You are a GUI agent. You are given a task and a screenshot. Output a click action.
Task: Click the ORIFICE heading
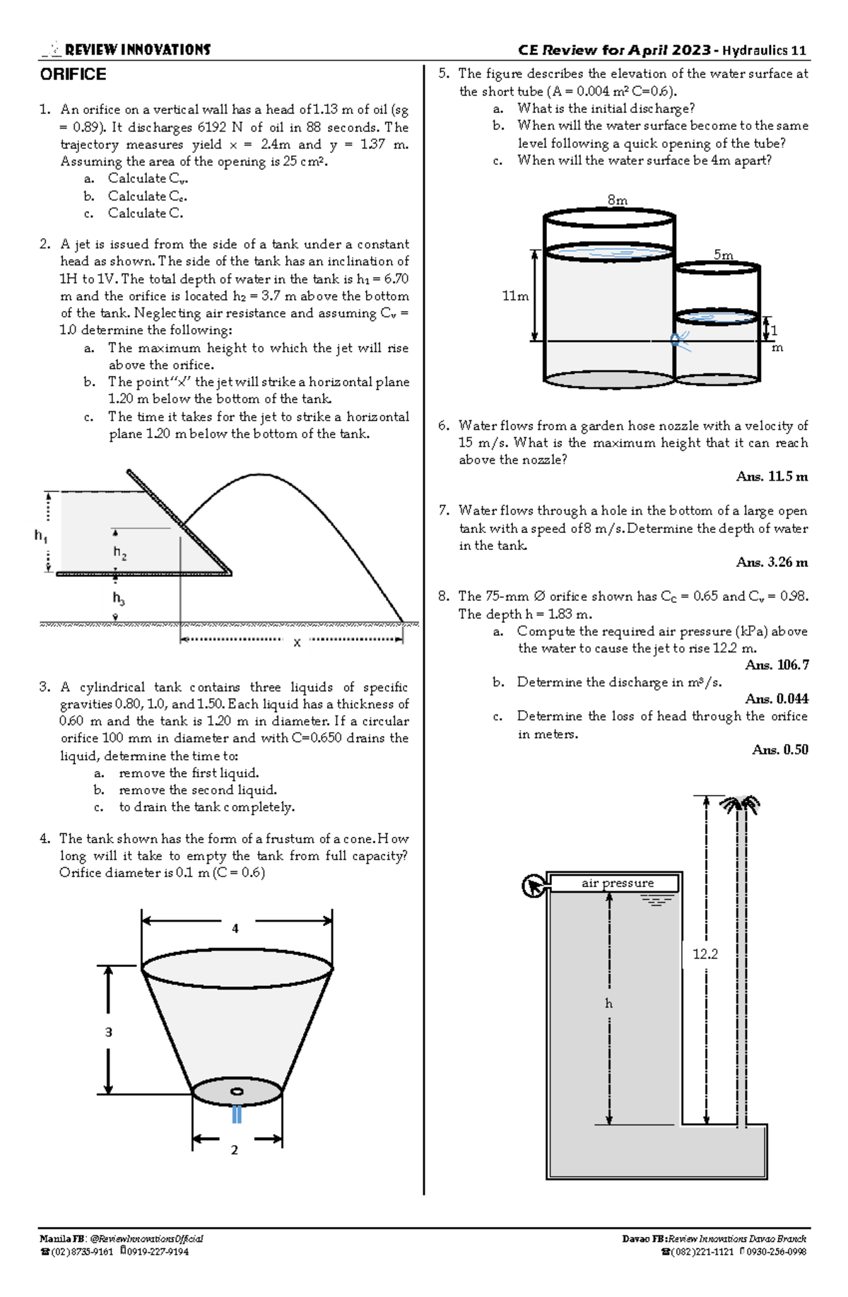pyautogui.click(x=73, y=75)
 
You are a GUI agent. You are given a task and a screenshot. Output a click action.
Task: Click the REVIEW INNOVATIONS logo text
pyautogui.click(x=137, y=49)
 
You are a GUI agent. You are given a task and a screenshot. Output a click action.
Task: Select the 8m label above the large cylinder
pyautogui.click(x=617, y=200)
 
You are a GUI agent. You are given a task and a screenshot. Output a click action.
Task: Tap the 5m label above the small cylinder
pyautogui.click(x=723, y=254)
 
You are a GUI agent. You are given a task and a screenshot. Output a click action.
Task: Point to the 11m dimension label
pyautogui.click(x=515, y=296)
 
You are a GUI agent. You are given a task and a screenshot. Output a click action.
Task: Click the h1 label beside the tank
pyautogui.click(x=41, y=536)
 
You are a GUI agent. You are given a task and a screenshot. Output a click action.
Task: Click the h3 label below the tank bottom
pyautogui.click(x=119, y=598)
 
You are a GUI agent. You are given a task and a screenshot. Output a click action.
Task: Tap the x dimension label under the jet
pyautogui.click(x=297, y=642)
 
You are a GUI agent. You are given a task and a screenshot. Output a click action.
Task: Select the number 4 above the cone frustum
pyautogui.click(x=235, y=928)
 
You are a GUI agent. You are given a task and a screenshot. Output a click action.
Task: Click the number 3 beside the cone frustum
pyautogui.click(x=109, y=1032)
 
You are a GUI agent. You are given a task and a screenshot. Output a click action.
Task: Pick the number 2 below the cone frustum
pyautogui.click(x=235, y=1150)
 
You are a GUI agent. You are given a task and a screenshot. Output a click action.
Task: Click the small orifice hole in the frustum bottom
pyautogui.click(x=237, y=1091)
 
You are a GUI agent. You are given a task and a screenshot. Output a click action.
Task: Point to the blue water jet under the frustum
pyautogui.click(x=237, y=1114)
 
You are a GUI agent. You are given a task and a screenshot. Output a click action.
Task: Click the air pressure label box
pyautogui.click(x=616, y=883)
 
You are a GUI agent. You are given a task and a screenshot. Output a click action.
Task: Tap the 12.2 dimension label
pyautogui.click(x=705, y=954)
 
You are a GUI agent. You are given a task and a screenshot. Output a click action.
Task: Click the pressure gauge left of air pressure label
pyautogui.click(x=532, y=886)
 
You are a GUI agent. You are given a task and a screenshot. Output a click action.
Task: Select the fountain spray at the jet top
pyautogui.click(x=739, y=804)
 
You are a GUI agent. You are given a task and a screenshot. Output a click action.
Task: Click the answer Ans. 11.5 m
pyautogui.click(x=772, y=476)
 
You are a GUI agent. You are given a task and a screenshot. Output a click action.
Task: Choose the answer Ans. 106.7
pyautogui.click(x=777, y=665)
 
